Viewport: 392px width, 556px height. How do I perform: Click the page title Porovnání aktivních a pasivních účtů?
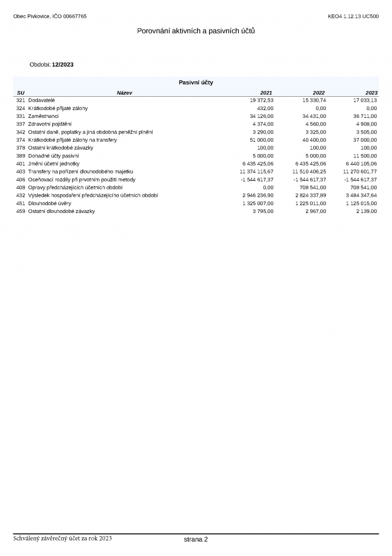point(196,31)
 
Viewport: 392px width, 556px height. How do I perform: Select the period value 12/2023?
point(63,65)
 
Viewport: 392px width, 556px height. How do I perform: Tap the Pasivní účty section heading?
point(196,82)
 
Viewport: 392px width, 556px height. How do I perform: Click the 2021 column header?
point(267,92)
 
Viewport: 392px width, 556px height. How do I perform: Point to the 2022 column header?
point(319,92)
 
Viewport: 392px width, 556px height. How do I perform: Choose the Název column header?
point(124,92)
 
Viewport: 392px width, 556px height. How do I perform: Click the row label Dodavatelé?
point(42,100)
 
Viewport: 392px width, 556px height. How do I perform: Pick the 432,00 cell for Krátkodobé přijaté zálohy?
point(265,108)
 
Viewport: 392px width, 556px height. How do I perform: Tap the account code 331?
point(21,116)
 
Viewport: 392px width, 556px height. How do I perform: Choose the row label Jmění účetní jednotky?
point(54,164)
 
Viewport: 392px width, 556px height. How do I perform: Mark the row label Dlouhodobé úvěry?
point(49,203)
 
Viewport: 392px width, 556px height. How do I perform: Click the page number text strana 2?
point(196,539)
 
